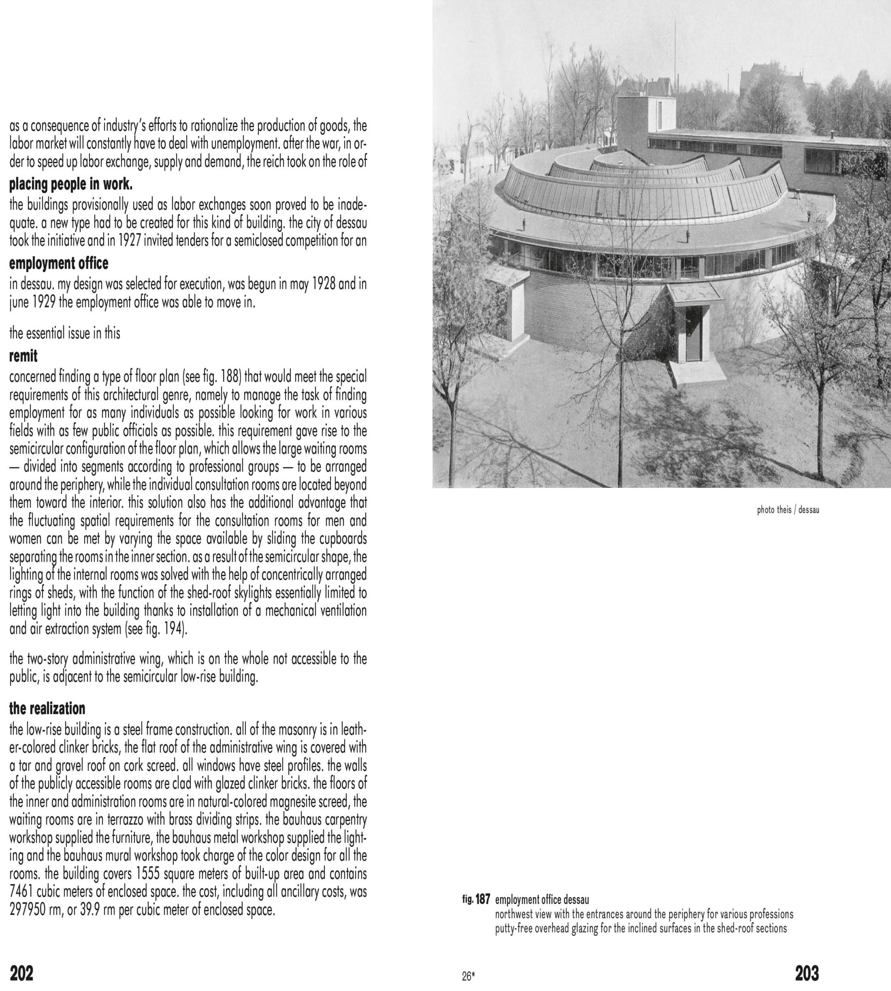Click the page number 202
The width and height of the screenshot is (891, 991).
(x=22, y=973)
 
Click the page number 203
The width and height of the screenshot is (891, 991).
(x=807, y=973)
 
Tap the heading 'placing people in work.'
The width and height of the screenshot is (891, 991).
(x=71, y=184)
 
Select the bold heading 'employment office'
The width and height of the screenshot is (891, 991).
(x=59, y=263)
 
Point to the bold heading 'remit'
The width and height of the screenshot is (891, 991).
(x=23, y=356)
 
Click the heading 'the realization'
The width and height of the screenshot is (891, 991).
(x=47, y=708)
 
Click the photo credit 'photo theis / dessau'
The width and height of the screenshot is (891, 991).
(x=788, y=510)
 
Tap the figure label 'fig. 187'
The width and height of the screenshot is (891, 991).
(x=476, y=900)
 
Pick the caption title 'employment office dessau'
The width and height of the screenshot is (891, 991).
(x=542, y=900)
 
